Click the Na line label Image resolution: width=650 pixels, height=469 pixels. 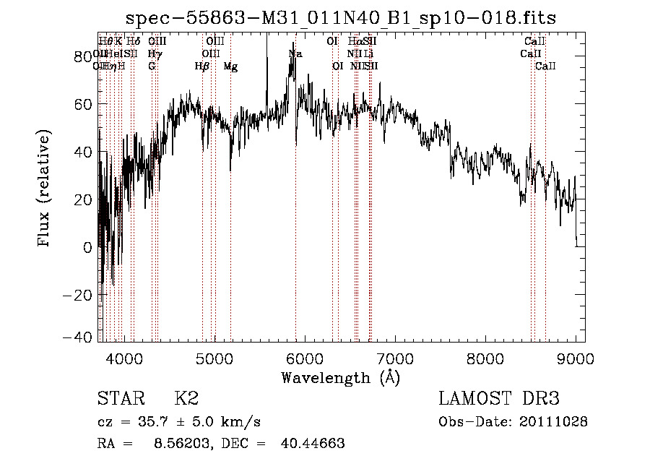[x=295, y=54]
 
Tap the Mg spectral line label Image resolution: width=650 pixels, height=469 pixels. [x=230, y=66]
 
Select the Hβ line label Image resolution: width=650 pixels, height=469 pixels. [x=202, y=66]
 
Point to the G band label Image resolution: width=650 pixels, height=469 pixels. [x=152, y=66]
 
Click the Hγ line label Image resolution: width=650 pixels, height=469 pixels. [x=154, y=54]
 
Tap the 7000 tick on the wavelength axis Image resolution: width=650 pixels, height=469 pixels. [x=395, y=358]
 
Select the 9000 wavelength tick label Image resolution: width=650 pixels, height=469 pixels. [x=576, y=358]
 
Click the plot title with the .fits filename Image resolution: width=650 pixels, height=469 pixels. [x=341, y=17]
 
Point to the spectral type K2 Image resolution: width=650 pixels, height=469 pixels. [x=186, y=399]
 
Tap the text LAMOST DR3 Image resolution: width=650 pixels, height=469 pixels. [x=499, y=399]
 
